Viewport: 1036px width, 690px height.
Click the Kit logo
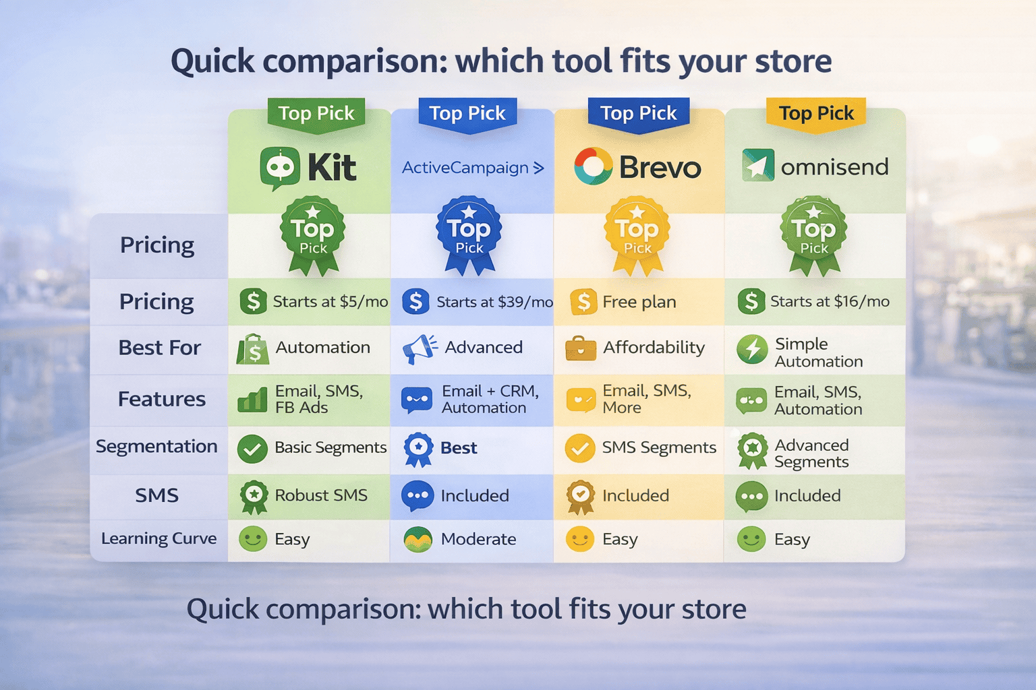(x=308, y=167)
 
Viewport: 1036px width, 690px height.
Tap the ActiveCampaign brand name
(x=465, y=168)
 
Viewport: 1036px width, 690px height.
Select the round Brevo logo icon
(x=593, y=166)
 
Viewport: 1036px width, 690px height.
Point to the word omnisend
(x=834, y=167)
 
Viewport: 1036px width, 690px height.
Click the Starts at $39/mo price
(x=494, y=302)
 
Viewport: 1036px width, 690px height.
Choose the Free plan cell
(x=639, y=302)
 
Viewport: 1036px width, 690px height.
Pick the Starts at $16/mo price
(x=830, y=301)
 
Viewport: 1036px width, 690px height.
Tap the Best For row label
(x=160, y=348)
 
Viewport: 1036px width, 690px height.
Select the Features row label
(x=162, y=399)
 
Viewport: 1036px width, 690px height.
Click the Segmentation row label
(x=156, y=446)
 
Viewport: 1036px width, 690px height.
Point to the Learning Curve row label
(x=159, y=538)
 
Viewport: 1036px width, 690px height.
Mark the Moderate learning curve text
(x=478, y=539)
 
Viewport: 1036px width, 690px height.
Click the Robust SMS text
(x=321, y=495)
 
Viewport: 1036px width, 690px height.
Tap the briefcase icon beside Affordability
(x=581, y=348)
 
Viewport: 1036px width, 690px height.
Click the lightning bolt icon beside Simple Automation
(x=752, y=350)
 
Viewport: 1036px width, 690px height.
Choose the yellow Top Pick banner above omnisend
(x=816, y=113)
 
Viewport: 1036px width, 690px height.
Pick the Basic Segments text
(x=330, y=447)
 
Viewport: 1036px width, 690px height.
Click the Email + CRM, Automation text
(x=490, y=399)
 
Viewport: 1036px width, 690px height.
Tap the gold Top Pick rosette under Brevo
(x=637, y=235)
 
